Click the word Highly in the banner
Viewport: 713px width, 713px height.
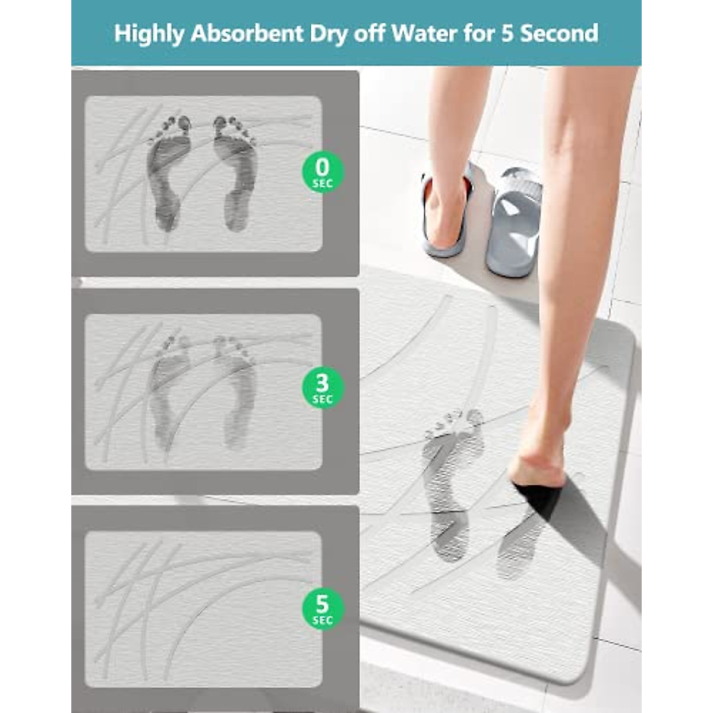pos(149,34)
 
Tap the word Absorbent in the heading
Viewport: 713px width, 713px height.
pos(247,34)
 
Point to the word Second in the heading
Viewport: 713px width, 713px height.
pos(559,33)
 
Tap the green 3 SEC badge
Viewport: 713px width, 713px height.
pos(322,387)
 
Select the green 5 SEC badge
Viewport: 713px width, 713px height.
pos(322,608)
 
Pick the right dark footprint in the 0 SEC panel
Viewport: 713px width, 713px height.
pos(236,172)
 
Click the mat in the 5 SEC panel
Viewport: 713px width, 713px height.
pos(203,609)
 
